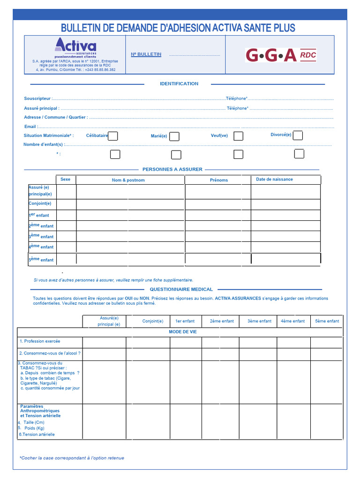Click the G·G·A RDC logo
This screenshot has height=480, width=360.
pos(281,55)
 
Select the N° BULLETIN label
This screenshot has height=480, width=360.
pos(146,54)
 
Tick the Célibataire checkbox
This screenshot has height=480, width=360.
pos(113,136)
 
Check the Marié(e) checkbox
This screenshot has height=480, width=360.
pos(174,136)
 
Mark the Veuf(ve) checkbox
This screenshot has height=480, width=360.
pos(238,136)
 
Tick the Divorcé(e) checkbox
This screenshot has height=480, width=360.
pos(298,135)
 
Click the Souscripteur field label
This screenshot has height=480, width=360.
pos(37,98)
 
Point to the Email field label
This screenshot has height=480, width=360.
pos(31,127)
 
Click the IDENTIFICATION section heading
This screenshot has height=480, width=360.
pos(179,84)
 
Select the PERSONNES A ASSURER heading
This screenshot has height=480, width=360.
pos(172,169)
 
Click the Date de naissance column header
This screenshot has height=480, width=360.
pos(274,179)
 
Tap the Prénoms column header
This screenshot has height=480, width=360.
pos(219,180)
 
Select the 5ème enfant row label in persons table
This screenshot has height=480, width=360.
pos(41,259)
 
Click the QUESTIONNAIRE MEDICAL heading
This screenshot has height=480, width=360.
pos(181,289)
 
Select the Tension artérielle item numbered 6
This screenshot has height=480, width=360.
pos(37,435)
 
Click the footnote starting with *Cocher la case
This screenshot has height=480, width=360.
pos(72,458)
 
